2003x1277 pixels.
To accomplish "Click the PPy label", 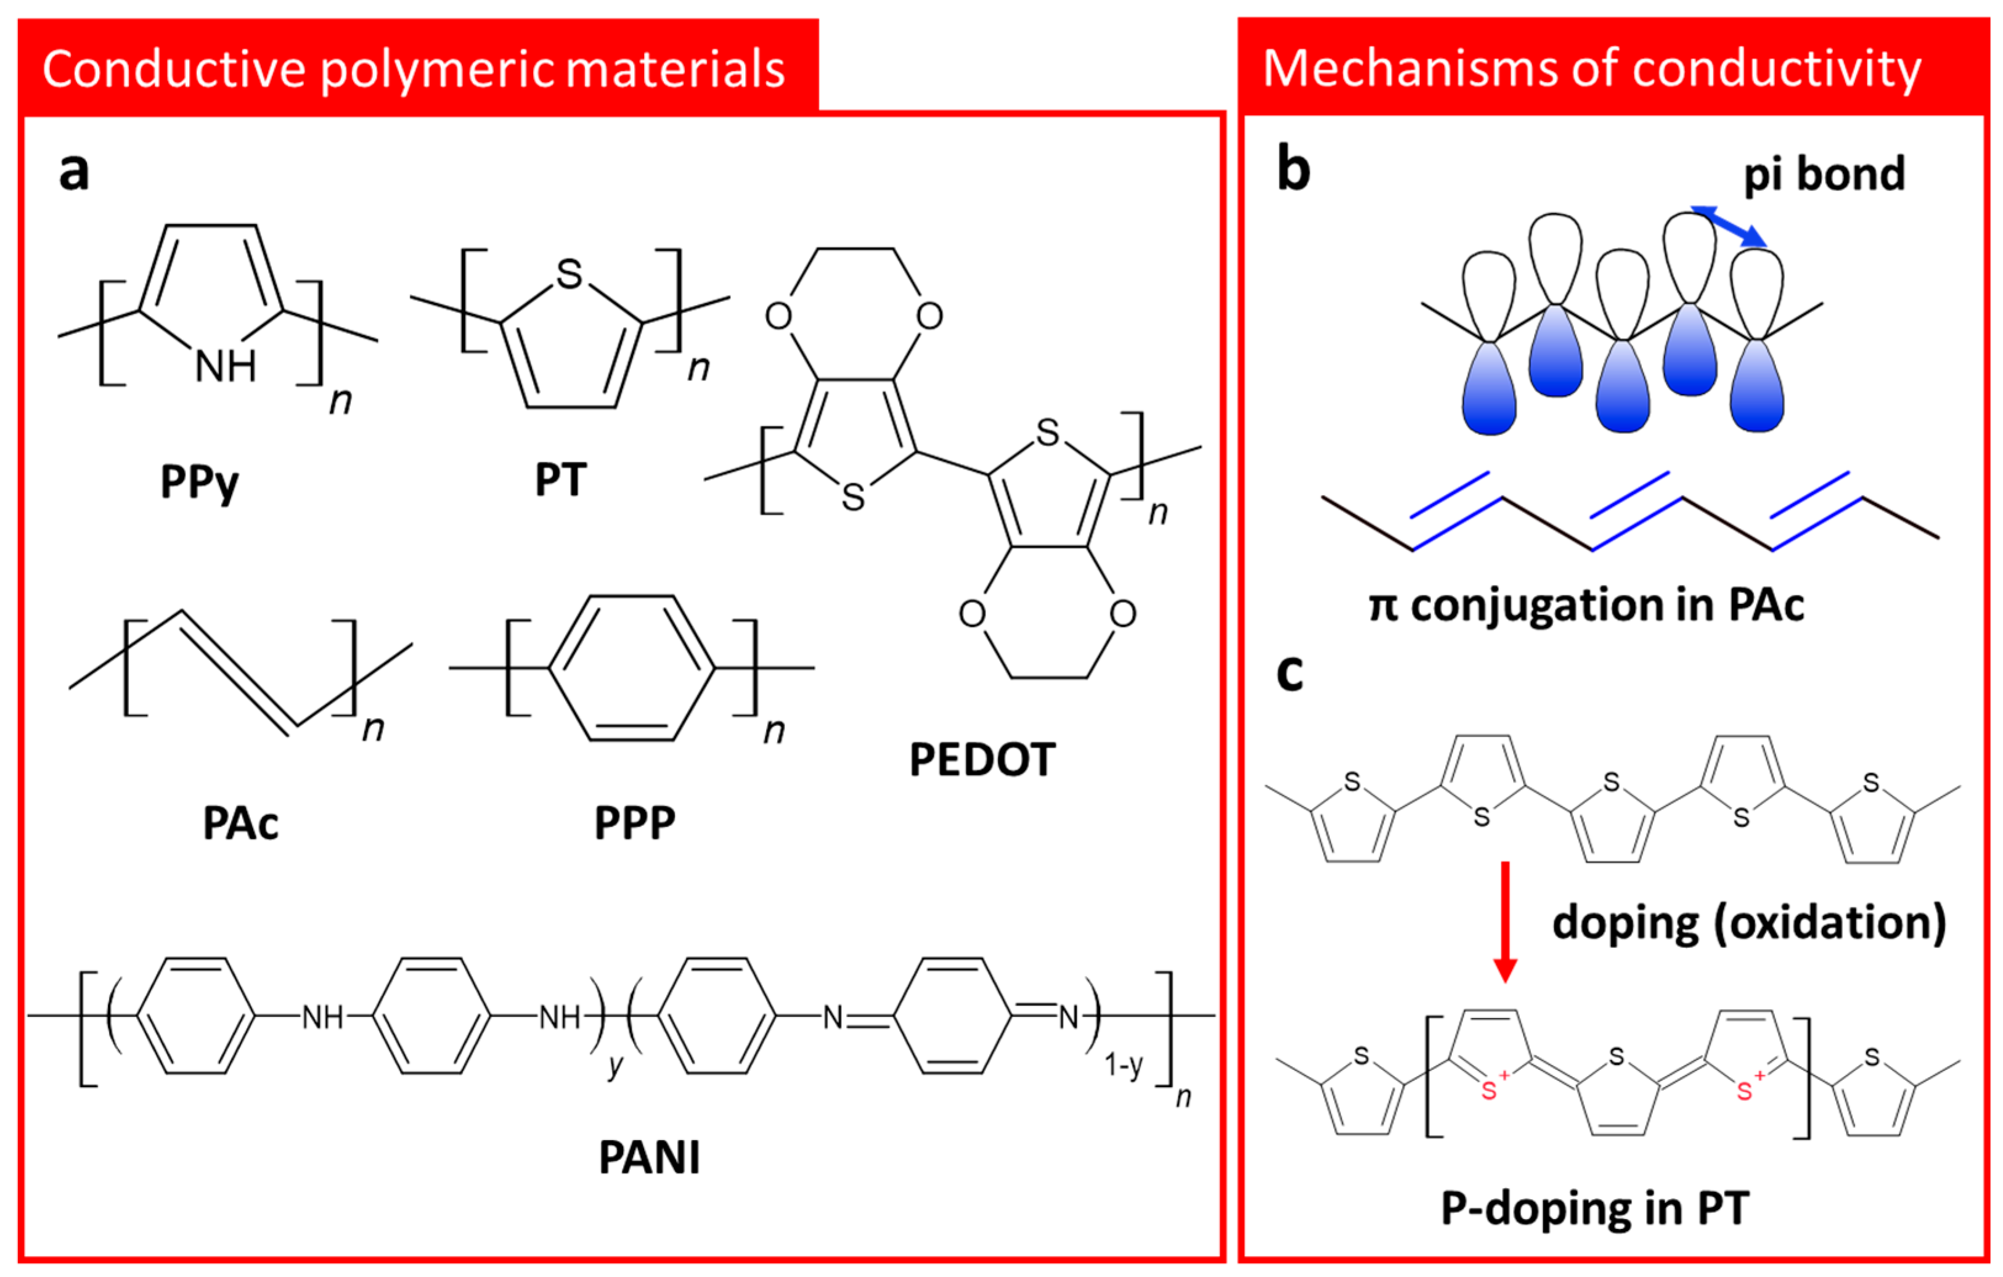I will coord(199,482).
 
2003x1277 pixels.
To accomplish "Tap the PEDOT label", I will coord(982,759).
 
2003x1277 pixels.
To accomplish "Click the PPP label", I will coord(635,823).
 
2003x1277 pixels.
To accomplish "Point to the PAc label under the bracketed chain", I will coord(240,823).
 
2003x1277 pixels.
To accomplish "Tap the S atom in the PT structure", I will coord(570,274).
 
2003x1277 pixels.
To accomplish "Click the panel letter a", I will coord(74,172).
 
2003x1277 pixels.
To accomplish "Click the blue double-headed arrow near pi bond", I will coord(1729,226).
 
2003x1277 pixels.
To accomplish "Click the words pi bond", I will coord(1823,174).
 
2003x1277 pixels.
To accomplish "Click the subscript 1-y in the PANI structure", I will coord(1123,1065).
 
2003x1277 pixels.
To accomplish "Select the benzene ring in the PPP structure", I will coord(632,667).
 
